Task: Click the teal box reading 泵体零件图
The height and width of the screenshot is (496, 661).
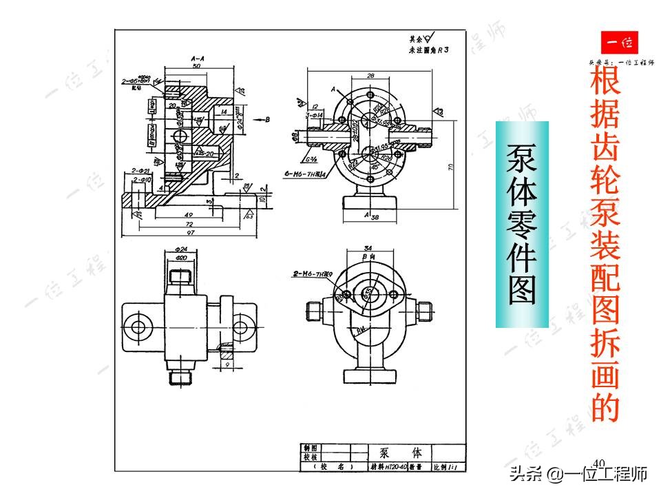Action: click(x=522, y=224)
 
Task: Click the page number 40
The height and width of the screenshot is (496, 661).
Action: click(x=598, y=462)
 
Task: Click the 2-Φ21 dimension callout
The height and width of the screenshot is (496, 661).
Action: click(x=141, y=169)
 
